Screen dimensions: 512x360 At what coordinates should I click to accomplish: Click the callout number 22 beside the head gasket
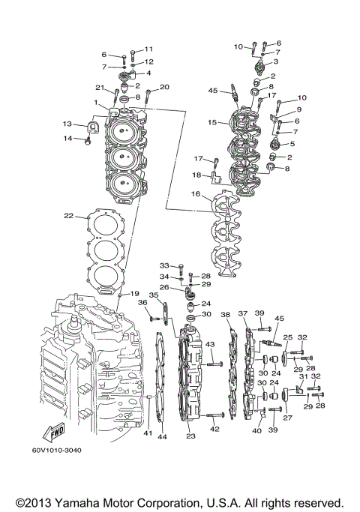(x=68, y=216)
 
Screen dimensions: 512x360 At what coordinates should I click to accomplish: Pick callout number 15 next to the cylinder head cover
(x=212, y=122)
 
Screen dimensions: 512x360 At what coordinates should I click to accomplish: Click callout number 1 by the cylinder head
(x=97, y=102)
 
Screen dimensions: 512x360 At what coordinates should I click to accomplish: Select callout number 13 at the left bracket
(x=67, y=124)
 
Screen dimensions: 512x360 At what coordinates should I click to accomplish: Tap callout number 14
(x=67, y=138)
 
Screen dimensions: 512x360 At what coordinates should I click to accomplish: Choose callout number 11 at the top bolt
(x=148, y=49)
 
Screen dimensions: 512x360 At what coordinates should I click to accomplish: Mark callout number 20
(x=165, y=88)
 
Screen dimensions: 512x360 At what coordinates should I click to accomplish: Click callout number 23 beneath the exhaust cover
(x=190, y=436)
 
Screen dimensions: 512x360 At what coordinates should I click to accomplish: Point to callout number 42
(x=215, y=429)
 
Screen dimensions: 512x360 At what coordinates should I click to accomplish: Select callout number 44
(x=162, y=436)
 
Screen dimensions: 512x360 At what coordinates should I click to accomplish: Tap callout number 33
(x=164, y=265)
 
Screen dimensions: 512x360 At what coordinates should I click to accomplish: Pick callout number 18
(x=196, y=175)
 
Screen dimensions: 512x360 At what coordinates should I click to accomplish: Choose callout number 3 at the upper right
(x=276, y=61)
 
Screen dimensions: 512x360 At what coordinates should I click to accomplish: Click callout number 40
(x=256, y=431)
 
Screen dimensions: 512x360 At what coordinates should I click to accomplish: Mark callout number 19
(x=136, y=293)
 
